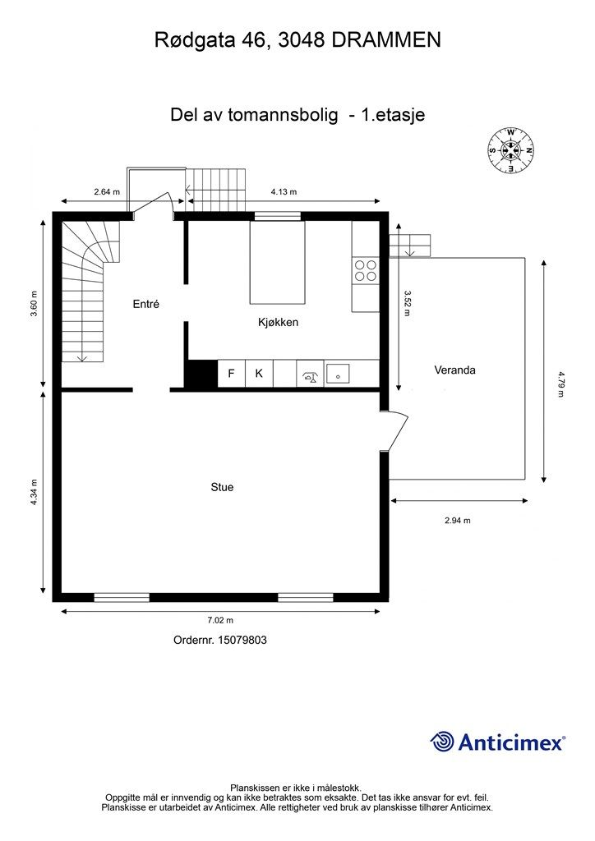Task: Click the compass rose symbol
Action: tap(511, 150)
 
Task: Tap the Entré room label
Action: tap(145, 304)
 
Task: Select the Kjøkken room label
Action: tap(278, 323)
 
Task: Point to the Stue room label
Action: tap(222, 487)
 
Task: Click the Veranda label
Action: tap(454, 370)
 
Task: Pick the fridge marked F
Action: tap(231, 374)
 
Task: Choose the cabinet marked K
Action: tap(259, 374)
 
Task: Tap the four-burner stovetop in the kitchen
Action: tap(366, 270)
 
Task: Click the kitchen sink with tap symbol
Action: tap(310, 375)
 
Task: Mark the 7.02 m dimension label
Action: tap(220, 621)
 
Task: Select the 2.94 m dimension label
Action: tap(457, 520)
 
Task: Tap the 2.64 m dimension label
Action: tap(107, 192)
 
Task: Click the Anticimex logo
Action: tap(498, 742)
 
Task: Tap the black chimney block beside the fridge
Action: tap(200, 375)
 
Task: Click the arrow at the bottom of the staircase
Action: tap(81, 356)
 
